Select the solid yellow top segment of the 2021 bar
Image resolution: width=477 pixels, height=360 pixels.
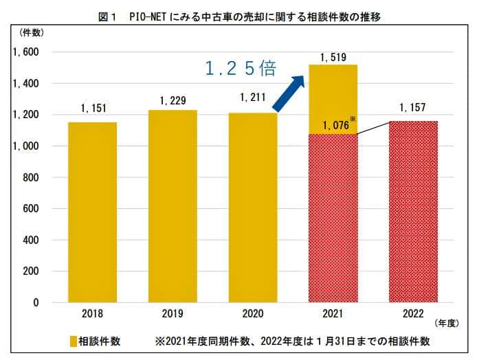pyautogui.click(x=333, y=93)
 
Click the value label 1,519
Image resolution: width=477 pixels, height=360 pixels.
pyautogui.click(x=333, y=57)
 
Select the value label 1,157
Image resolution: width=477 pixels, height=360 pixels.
pyautogui.click(x=413, y=109)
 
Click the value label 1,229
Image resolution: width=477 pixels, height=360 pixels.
pyautogui.click(x=173, y=101)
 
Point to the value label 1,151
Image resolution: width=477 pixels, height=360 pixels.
pyautogui.click(x=92, y=109)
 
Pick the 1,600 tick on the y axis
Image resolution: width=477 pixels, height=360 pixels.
pyautogui.click(x=25, y=52)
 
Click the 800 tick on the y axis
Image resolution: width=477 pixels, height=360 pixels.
pyautogui.click(x=30, y=177)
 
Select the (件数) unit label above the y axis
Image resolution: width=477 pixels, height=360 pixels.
pyautogui.click(x=32, y=33)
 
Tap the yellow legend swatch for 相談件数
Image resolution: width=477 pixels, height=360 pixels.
pyautogui.click(x=73, y=341)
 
